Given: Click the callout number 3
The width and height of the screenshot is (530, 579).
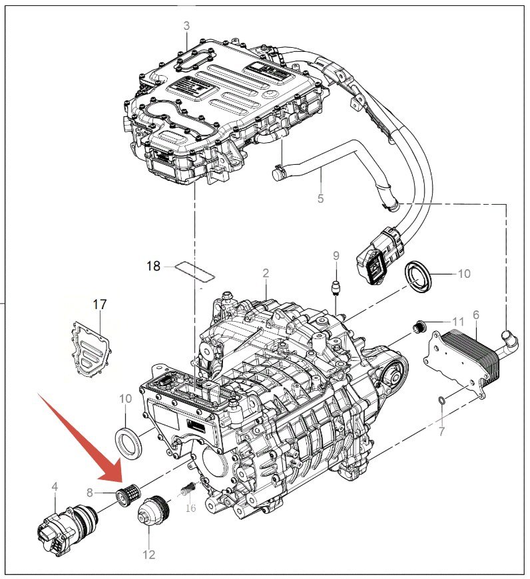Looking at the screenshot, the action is pyautogui.click(x=186, y=26).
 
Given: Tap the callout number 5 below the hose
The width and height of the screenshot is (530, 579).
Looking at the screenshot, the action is pyautogui.click(x=320, y=198).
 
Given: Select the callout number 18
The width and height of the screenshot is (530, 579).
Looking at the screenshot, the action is pyautogui.click(x=154, y=266).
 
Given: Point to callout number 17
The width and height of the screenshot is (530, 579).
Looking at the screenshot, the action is pyautogui.click(x=100, y=304).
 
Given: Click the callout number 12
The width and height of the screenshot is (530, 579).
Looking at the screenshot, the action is pyautogui.click(x=148, y=554).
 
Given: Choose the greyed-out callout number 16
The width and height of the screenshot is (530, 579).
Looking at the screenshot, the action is pyautogui.click(x=190, y=508).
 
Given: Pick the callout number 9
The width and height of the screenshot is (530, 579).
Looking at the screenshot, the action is pyautogui.click(x=336, y=255).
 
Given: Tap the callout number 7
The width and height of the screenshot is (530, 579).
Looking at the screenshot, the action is pyautogui.click(x=441, y=431).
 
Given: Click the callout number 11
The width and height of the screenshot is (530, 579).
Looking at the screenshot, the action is pyautogui.click(x=458, y=322).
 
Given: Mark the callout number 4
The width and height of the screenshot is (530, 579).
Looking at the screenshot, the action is pyautogui.click(x=55, y=487).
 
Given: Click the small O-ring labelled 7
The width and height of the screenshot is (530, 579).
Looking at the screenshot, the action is pyautogui.click(x=441, y=400).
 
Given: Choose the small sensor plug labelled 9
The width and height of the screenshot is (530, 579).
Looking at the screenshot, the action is pyautogui.click(x=336, y=287).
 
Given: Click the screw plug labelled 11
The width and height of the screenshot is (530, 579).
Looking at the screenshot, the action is pyautogui.click(x=419, y=326).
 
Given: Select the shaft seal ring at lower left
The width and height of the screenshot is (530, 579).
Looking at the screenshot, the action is pyautogui.click(x=129, y=443).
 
